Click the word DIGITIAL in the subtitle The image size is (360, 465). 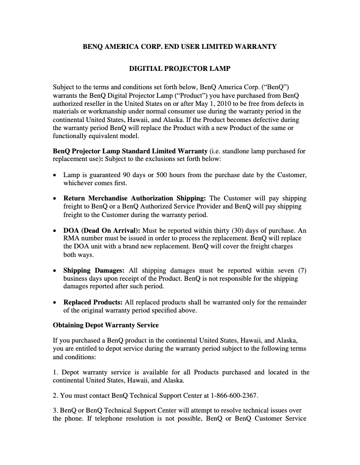pos(146,69)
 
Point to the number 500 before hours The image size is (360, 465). pos(161,175)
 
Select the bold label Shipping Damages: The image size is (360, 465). pos(94,270)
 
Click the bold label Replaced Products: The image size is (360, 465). pos(93,302)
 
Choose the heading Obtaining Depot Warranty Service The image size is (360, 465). pos(105,325)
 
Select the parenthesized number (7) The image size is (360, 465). pos(302,270)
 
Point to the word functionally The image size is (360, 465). pos(71,136)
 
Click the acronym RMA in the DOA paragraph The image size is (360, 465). pos(70,239)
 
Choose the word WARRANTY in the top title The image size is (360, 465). pos(256,46)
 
